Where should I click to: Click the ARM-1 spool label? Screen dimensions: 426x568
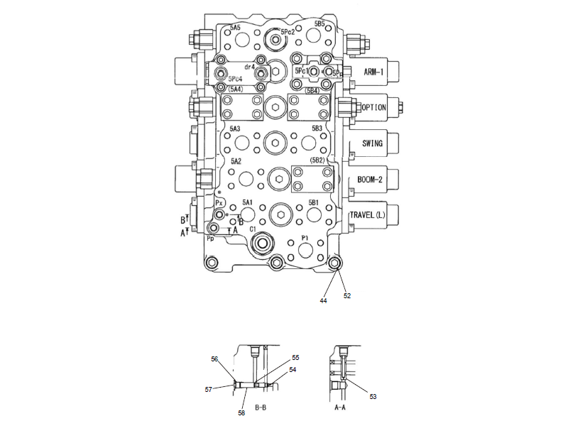click(373, 72)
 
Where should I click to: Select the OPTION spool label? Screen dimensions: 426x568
click(373, 108)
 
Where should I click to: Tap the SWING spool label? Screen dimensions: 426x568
click(373, 143)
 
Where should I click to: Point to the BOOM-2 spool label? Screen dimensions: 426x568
click(371, 180)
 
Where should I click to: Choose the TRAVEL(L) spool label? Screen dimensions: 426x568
click(368, 215)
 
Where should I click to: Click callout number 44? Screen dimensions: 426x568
click(323, 301)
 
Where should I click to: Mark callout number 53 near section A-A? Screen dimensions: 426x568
click(373, 396)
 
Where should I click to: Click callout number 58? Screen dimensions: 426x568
click(241, 413)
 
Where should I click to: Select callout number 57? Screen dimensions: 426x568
click(209, 389)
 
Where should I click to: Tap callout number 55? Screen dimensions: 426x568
click(295, 358)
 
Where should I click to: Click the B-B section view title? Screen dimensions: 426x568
click(260, 408)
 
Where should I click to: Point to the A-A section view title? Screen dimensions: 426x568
click(340, 408)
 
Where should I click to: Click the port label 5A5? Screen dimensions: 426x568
click(235, 26)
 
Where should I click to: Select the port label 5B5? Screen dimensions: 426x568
click(319, 23)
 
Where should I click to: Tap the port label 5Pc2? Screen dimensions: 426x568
click(288, 32)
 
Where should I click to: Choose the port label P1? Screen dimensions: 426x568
click(305, 237)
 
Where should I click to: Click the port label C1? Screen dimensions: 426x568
click(252, 229)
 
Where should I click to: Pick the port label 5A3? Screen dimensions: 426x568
click(235, 129)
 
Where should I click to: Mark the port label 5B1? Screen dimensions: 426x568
click(313, 202)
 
